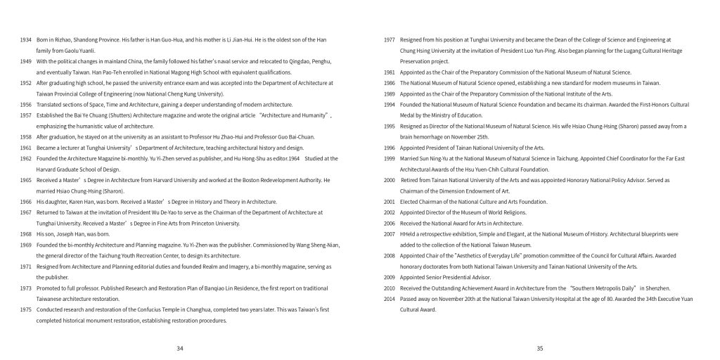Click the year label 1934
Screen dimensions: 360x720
pos(25,39)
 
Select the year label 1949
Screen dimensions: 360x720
pos(25,61)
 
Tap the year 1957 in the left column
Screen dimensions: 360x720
pos(25,115)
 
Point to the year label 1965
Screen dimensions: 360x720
pos(25,180)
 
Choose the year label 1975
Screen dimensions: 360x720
pos(25,309)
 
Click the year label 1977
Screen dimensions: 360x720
pos(389,39)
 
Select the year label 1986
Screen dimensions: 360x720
pos(389,83)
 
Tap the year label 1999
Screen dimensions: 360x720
pos(389,159)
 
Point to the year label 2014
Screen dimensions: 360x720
pos(389,299)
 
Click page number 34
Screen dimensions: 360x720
pos(180,347)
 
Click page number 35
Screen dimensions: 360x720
pos(540,347)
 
